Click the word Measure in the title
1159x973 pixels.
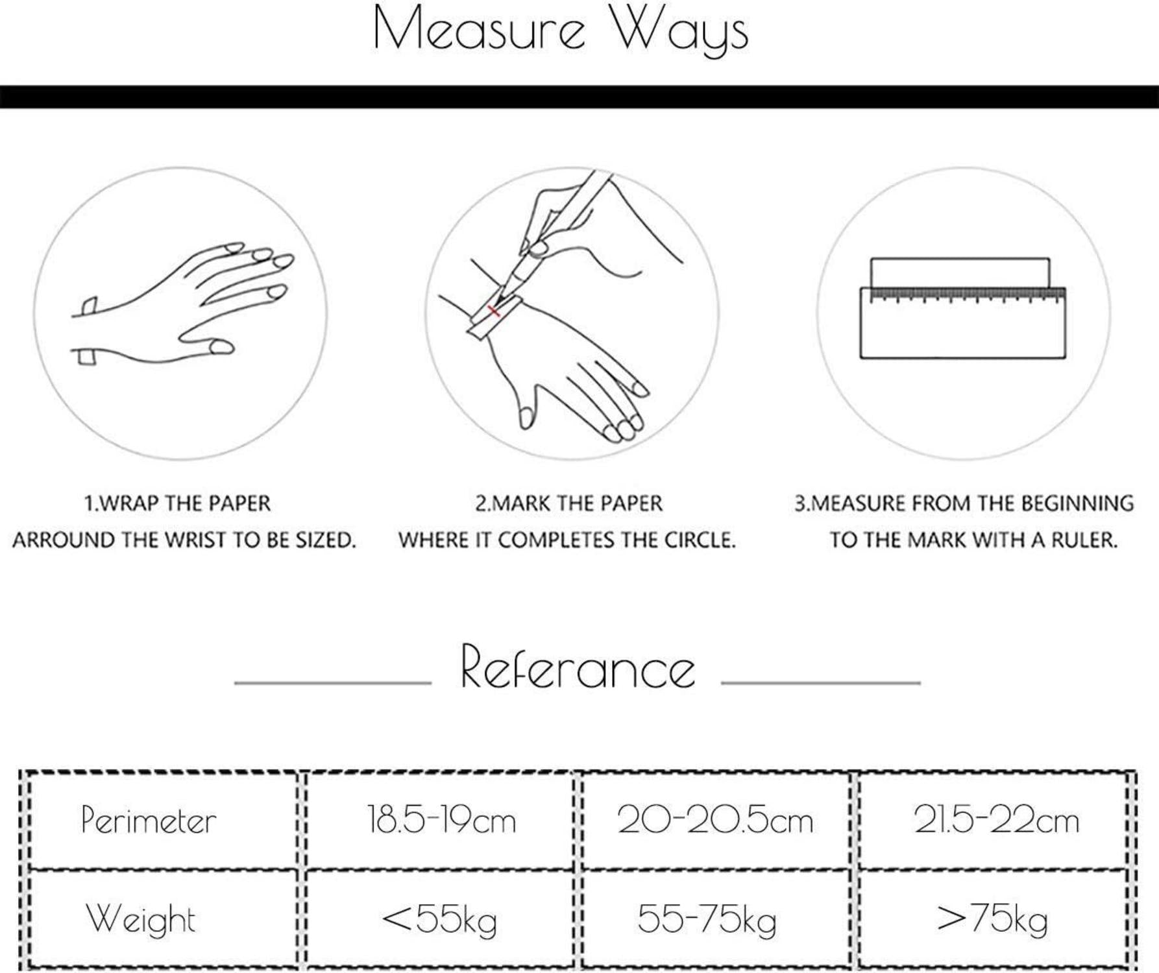[x=479, y=29]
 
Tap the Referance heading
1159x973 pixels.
[x=578, y=667]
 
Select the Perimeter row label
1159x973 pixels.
[x=149, y=821]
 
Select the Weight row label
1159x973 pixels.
[x=141, y=919]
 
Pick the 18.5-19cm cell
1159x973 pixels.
[x=441, y=820]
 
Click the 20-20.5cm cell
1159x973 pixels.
[x=715, y=820]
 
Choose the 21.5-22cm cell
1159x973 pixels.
[x=997, y=820]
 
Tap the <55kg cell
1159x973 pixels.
[x=439, y=920]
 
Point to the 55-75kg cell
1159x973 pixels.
[x=707, y=920]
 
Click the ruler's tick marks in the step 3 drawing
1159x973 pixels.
[x=967, y=296]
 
